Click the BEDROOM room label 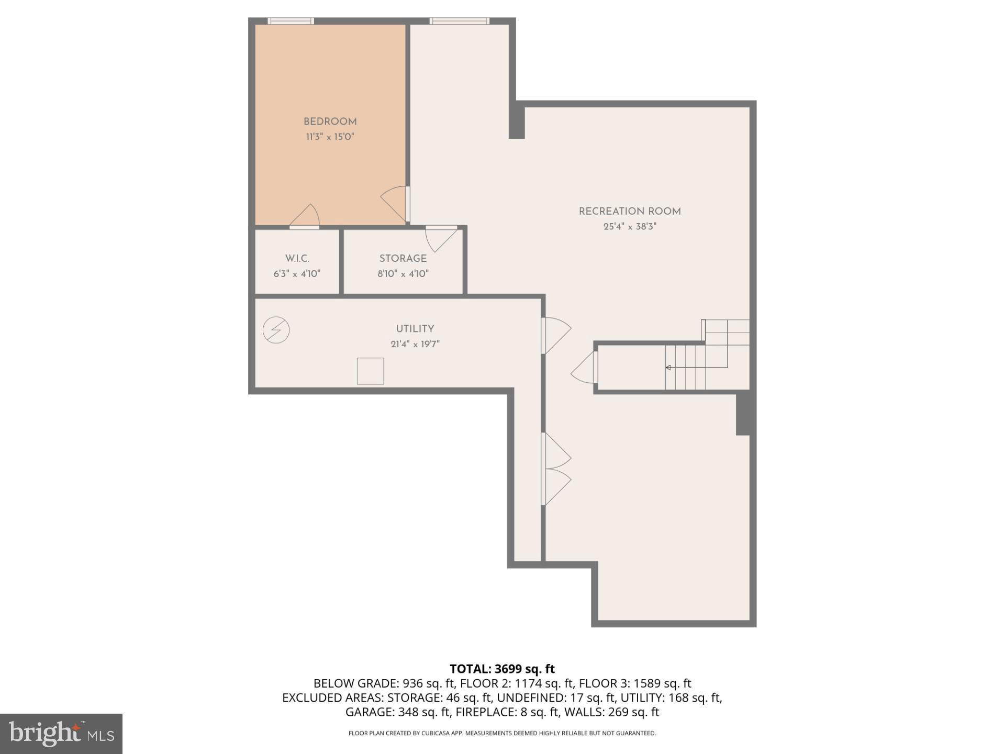(x=330, y=121)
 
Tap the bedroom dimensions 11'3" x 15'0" (x=330, y=137)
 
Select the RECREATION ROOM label (x=630, y=212)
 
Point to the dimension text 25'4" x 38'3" (x=630, y=227)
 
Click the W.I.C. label (x=297, y=259)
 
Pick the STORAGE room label (x=403, y=259)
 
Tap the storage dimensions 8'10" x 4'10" (x=403, y=274)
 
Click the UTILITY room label (x=415, y=329)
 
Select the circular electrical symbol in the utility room (x=276, y=330)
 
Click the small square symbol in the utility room (x=370, y=371)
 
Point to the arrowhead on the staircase (x=668, y=368)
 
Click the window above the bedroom (x=291, y=21)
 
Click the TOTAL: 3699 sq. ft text (x=502, y=669)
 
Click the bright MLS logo (x=61, y=734)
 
